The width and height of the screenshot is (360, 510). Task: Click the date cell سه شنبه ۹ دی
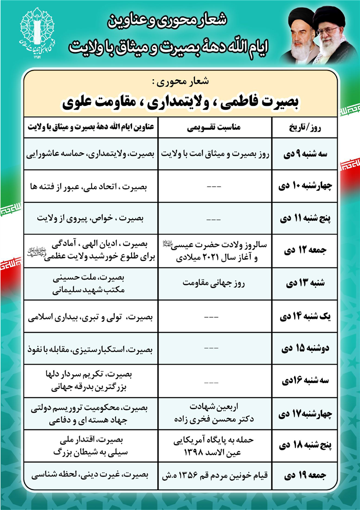[x=305, y=154]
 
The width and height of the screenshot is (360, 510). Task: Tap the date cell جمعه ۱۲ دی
[x=305, y=251]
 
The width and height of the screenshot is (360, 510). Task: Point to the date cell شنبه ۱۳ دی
[x=305, y=284]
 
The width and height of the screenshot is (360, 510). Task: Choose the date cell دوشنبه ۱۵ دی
[x=305, y=348]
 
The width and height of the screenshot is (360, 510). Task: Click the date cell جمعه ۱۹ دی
[x=305, y=474]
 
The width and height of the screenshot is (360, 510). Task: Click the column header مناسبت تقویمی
[x=215, y=127]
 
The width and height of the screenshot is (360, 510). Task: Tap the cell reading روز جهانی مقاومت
[x=215, y=283]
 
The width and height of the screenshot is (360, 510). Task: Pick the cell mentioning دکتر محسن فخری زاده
[x=215, y=414]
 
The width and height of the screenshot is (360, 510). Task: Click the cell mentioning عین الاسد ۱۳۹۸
[x=215, y=446]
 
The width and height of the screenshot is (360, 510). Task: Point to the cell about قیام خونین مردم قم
[x=215, y=474]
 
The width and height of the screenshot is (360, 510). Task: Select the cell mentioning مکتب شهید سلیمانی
[x=91, y=284]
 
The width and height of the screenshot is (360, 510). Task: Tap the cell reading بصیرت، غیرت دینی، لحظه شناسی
[x=91, y=474]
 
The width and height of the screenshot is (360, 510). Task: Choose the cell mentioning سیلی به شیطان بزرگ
[x=91, y=446]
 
